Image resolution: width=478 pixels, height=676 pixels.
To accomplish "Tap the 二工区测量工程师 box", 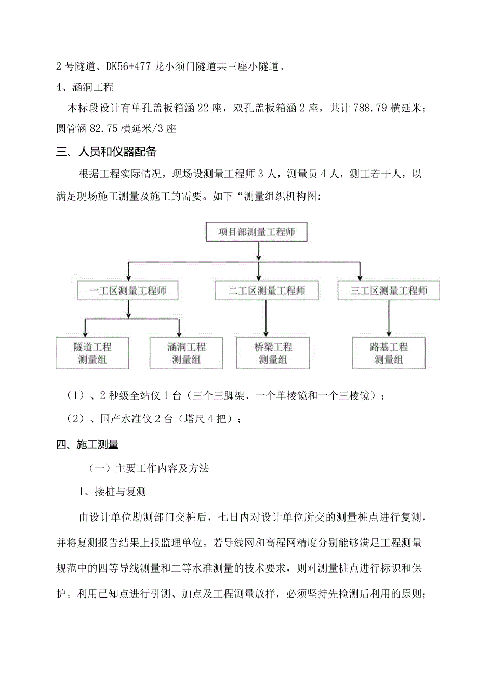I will pos(267,290).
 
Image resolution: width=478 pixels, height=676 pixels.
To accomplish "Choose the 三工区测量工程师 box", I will pos(388,290).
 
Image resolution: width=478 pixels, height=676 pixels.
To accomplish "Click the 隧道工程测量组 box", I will pos(92,353).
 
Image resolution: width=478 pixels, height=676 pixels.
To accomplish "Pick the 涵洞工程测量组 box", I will pos(186,353).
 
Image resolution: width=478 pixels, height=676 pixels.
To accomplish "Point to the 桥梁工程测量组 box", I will pos(273,353).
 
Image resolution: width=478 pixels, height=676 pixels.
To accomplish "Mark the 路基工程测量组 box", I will pos(388,353).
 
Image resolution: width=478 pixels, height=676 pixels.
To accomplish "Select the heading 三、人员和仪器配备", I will pos(107,152).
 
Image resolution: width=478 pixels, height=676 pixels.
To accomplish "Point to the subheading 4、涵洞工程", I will pos(85,87).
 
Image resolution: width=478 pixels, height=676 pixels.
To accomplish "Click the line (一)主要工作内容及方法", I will pos(149,468).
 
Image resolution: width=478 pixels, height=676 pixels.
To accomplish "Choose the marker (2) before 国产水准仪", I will pos(76,419).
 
